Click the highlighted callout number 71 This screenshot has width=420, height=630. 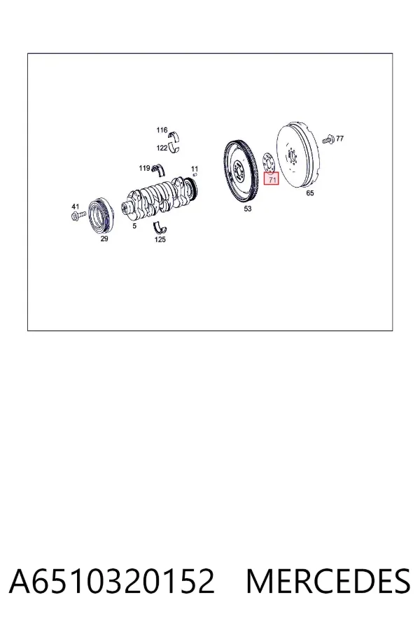[272, 179]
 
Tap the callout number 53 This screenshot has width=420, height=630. [248, 209]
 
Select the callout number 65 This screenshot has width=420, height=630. [310, 193]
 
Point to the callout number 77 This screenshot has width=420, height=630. [339, 139]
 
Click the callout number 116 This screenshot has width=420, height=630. [162, 130]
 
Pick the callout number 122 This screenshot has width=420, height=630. [162, 148]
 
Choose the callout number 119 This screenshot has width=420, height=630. [144, 168]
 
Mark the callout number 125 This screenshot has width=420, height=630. [160, 239]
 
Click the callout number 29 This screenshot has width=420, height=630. [104, 239]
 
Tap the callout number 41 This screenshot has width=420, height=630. [76, 207]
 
